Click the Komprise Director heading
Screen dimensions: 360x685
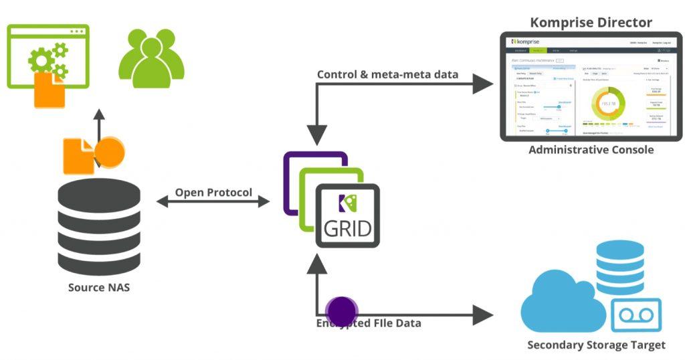(x=591, y=21)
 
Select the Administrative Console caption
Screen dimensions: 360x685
(x=591, y=149)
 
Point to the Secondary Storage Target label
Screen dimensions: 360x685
(x=596, y=345)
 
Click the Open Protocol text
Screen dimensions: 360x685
(x=213, y=193)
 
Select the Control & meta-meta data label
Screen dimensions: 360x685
(x=387, y=74)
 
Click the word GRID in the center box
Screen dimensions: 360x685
(x=347, y=229)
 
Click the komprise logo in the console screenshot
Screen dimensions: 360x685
(x=524, y=41)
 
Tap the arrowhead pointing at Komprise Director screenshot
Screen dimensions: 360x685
(x=485, y=84)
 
